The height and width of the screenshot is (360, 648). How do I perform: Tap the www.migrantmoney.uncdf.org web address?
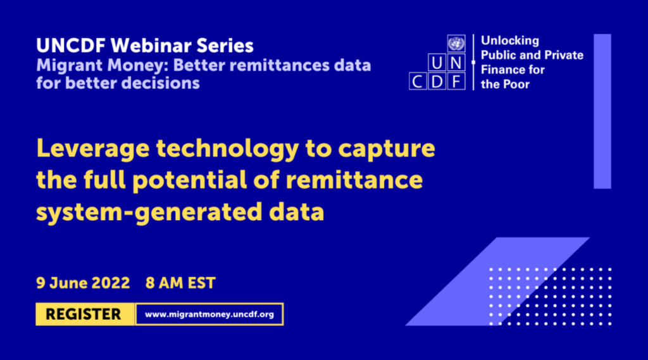click(209, 314)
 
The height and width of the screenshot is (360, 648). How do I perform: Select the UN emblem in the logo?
click(456, 44)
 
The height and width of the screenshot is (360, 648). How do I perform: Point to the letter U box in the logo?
click(437, 63)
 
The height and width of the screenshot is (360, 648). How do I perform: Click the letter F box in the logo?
click(456, 82)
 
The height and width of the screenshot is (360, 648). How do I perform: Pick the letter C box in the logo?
click(418, 82)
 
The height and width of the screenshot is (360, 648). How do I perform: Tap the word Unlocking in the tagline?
click(510, 40)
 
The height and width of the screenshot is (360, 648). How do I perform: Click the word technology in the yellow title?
click(227, 149)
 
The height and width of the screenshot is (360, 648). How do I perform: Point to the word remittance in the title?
click(354, 180)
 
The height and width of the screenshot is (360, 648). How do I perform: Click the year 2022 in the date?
click(110, 283)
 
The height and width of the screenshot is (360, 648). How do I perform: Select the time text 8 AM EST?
click(180, 283)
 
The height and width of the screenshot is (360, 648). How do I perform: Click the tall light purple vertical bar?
click(602, 111)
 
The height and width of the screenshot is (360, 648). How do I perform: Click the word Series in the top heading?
click(225, 46)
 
